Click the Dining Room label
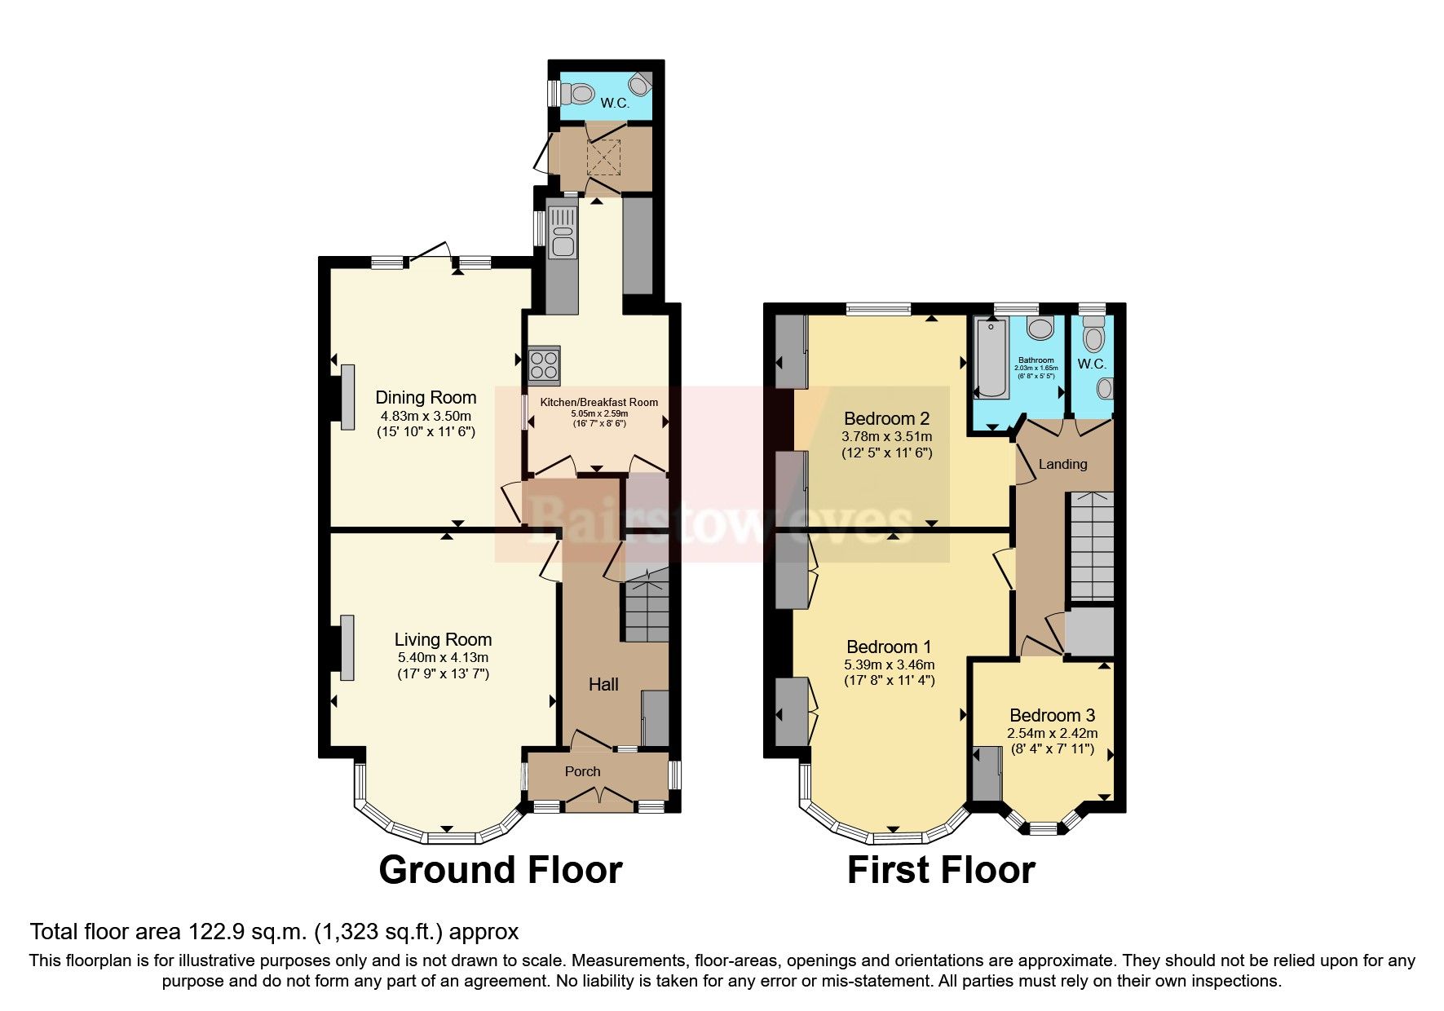pos(426,397)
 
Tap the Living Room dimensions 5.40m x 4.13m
pos(442,657)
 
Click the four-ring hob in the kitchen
pos(543,365)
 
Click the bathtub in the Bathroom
pos(991,358)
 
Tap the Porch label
pos(582,771)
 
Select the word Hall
pos(603,685)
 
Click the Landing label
pos(1062,464)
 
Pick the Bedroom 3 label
pos(1052,715)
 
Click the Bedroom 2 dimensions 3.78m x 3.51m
pos(886,436)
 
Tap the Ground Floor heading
pos(501,870)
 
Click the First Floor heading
pos(941,870)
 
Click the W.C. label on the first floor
pos(1092,364)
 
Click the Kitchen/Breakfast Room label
pos(598,402)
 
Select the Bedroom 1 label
pos(889,647)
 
